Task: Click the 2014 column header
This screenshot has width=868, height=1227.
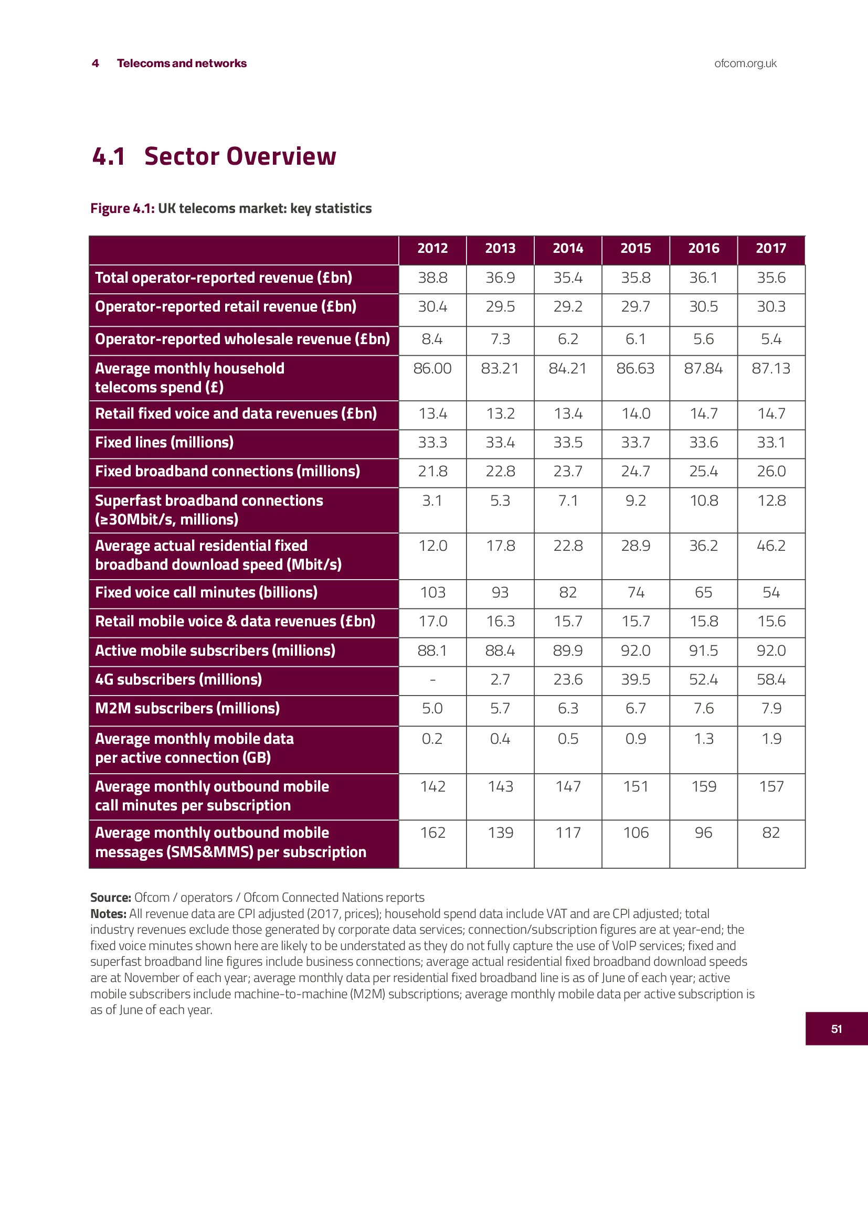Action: [x=568, y=248]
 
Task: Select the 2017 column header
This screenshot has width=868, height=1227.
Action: [x=771, y=248]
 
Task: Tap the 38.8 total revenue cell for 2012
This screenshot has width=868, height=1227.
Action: [x=432, y=278]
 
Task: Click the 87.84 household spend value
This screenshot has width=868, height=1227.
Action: [x=703, y=368]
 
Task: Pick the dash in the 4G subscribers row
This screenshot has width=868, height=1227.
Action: [x=432, y=680]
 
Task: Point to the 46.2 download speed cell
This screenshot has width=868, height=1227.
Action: [x=771, y=546]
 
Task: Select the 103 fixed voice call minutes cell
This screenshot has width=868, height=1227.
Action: [x=432, y=592]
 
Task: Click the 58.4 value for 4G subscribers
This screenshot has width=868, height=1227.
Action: [x=771, y=679]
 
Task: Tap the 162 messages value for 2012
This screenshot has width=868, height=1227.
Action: [x=432, y=833]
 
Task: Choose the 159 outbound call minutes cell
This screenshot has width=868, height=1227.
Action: [x=703, y=787]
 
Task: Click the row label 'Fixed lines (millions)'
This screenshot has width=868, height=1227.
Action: [x=164, y=443]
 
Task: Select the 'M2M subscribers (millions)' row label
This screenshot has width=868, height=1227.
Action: [x=187, y=709]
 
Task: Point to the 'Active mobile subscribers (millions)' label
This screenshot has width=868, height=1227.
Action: [x=215, y=650]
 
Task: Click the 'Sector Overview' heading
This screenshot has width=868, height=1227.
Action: [x=240, y=156]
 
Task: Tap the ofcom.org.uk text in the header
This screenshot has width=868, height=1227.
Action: [x=745, y=63]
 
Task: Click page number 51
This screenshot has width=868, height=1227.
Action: [x=837, y=1029]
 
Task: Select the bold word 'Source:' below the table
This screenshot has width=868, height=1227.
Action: [x=111, y=897]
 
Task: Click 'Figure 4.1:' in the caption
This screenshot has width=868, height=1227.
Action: [x=122, y=208]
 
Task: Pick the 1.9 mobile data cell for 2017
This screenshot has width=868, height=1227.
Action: [x=771, y=739]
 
